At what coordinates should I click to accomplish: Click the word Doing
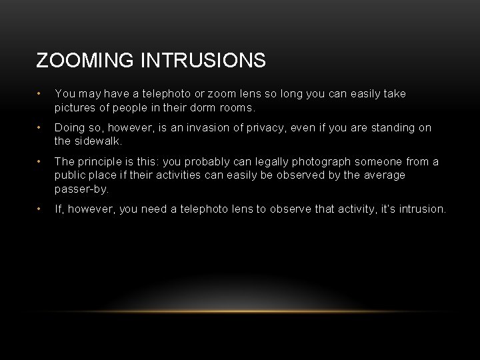69,127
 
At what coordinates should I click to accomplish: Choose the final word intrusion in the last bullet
420,209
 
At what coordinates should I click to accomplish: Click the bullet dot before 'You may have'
41,94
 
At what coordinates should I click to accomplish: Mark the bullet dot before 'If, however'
41,209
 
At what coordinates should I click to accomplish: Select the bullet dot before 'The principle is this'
41,161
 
